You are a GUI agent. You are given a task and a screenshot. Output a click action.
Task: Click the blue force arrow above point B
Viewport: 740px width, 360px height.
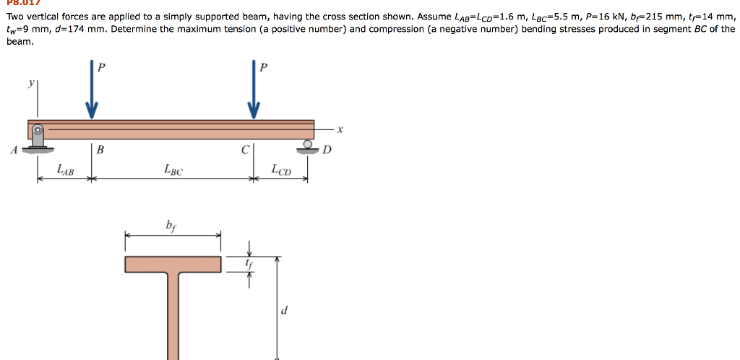point(91,94)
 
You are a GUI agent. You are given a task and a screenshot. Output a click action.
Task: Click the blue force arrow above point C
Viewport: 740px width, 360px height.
point(254,94)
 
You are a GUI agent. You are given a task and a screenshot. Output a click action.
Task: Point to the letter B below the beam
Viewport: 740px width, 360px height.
point(100,150)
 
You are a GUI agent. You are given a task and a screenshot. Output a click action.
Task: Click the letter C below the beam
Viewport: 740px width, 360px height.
point(245,150)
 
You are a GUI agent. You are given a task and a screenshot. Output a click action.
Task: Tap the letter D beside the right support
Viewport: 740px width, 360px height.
point(327,150)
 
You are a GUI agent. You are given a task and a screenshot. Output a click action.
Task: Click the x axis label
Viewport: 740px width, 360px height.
point(340,130)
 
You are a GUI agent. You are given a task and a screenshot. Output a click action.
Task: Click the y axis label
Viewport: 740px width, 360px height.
point(30,83)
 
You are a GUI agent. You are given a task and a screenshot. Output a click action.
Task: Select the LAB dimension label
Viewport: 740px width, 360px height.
point(65,170)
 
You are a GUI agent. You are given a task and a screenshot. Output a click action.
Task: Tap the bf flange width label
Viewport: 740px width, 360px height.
point(171,225)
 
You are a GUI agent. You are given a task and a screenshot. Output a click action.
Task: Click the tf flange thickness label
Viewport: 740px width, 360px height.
point(249,265)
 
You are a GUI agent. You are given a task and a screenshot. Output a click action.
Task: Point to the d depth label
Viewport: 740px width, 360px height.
point(284,311)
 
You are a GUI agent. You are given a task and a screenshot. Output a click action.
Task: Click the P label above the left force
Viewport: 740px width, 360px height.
point(101,67)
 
